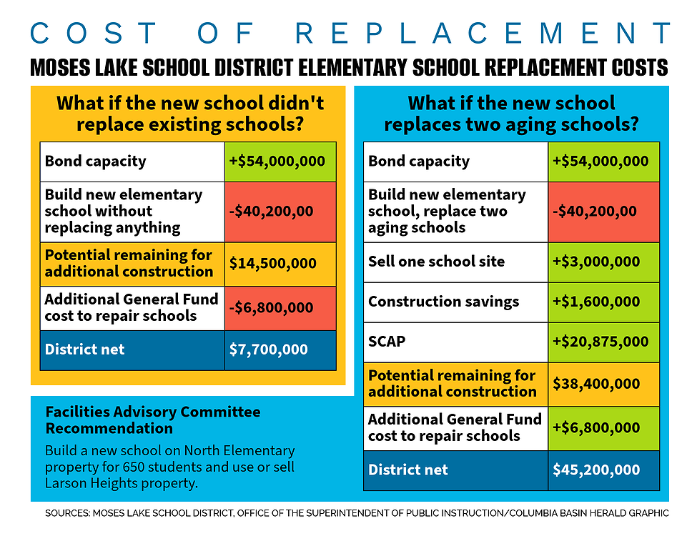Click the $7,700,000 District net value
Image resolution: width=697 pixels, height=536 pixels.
pos(269,350)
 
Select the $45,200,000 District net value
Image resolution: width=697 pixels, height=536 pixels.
pos(596,470)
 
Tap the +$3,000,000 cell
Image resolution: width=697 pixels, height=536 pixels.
pos(596,262)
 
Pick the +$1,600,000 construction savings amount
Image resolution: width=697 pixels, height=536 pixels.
pos(596,302)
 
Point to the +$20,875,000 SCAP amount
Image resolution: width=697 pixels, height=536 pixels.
pos(600,342)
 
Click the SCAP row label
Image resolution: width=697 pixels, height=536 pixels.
pos(387,342)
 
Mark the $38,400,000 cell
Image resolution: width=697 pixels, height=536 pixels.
pos(596,383)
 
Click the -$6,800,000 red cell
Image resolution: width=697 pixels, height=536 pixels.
pos(272,308)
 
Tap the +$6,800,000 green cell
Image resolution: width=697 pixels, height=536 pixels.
pos(596,428)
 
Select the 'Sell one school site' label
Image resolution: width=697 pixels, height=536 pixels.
pos(436,262)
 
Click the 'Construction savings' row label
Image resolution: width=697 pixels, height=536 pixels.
pos(443,302)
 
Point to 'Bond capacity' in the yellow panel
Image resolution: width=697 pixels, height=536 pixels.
pos(95,161)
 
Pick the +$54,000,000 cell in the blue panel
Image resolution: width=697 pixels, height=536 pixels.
pos(600,161)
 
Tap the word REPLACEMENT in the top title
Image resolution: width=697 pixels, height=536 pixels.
pos(483,33)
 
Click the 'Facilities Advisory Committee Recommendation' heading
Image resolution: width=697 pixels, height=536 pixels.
pos(152,420)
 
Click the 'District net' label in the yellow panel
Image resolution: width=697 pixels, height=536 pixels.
pos(84,350)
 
